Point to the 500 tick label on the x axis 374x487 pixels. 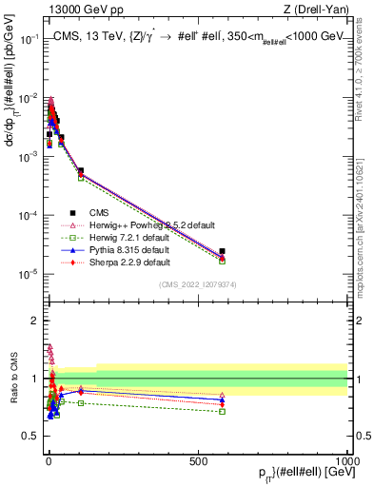198,461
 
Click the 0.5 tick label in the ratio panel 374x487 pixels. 30,437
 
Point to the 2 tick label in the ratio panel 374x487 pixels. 34,321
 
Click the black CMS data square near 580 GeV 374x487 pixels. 222,251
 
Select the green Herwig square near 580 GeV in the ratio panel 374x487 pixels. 222,411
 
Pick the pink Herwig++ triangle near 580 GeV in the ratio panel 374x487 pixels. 222,395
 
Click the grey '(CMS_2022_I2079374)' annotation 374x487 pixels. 197,283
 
